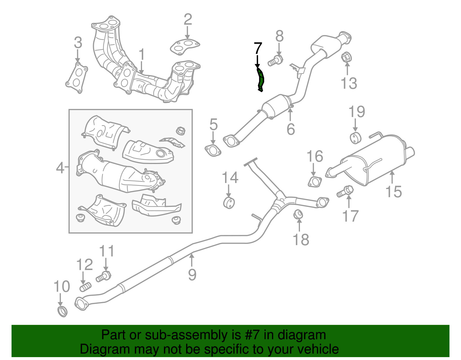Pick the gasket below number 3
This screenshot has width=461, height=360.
77,78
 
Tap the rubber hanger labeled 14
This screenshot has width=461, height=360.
229,202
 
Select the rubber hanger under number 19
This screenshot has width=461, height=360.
356,138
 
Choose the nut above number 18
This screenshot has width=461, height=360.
298,214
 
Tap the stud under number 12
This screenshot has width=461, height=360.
85,287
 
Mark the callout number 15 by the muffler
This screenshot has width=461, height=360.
394,191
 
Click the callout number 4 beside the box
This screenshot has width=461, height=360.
60,167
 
